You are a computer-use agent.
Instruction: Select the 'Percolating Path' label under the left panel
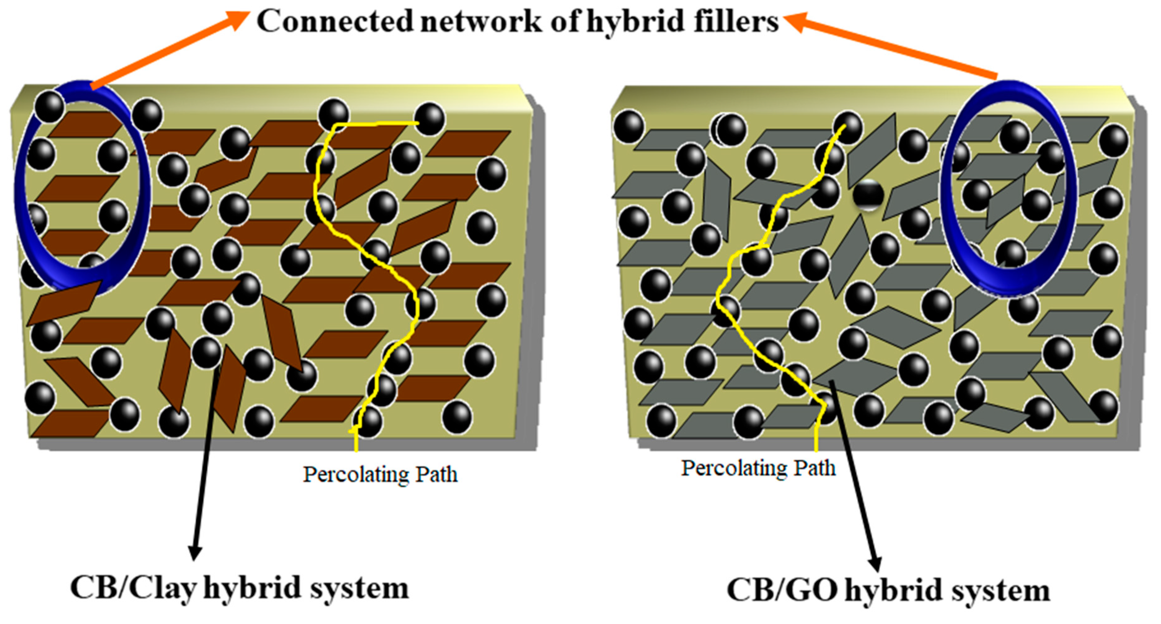[x=380, y=474]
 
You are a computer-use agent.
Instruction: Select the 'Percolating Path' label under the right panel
[x=758, y=468]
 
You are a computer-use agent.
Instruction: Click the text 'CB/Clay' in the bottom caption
[x=133, y=588]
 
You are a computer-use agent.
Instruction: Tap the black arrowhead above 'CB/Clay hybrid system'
[x=195, y=552]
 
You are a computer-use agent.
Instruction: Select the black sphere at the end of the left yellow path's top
[x=429, y=118]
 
